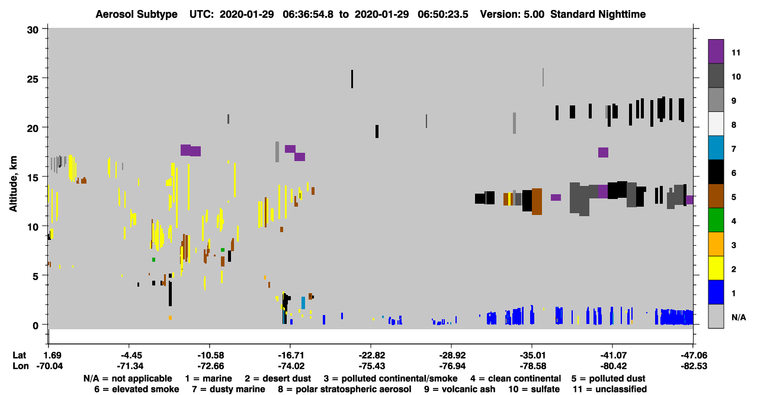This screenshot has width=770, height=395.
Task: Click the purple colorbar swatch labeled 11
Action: [x=716, y=52]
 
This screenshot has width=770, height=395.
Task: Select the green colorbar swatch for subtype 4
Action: [x=716, y=220]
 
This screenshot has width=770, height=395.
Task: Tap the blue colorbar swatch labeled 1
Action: [x=716, y=292]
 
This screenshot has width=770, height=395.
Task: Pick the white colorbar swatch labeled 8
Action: [x=716, y=124]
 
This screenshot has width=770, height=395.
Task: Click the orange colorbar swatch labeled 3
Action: [x=716, y=244]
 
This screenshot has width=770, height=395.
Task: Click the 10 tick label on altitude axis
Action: [x=33, y=227]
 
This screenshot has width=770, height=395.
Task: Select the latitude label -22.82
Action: [x=372, y=355]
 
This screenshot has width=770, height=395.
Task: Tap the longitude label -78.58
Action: [x=533, y=366]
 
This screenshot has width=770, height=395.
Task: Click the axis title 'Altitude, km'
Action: [x=13, y=184]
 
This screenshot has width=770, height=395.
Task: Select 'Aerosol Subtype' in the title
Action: [x=136, y=14]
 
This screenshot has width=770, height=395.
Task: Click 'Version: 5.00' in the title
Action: [x=512, y=14]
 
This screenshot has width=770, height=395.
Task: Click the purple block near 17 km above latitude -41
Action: [x=604, y=152]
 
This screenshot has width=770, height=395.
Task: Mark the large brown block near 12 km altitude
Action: [x=537, y=201]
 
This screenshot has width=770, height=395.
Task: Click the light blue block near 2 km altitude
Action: [x=303, y=303]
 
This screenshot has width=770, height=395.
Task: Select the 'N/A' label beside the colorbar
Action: [x=739, y=317]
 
